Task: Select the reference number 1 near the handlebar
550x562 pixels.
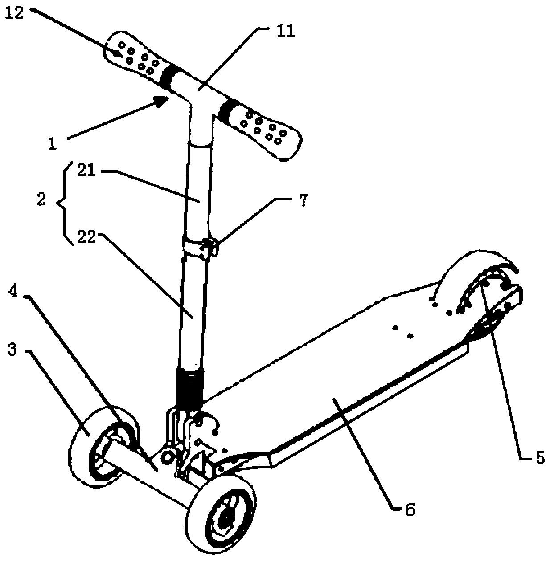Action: tap(53, 143)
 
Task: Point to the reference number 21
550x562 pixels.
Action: tap(87, 171)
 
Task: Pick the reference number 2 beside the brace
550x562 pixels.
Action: tap(41, 199)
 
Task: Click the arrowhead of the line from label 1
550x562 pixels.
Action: tap(161, 102)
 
